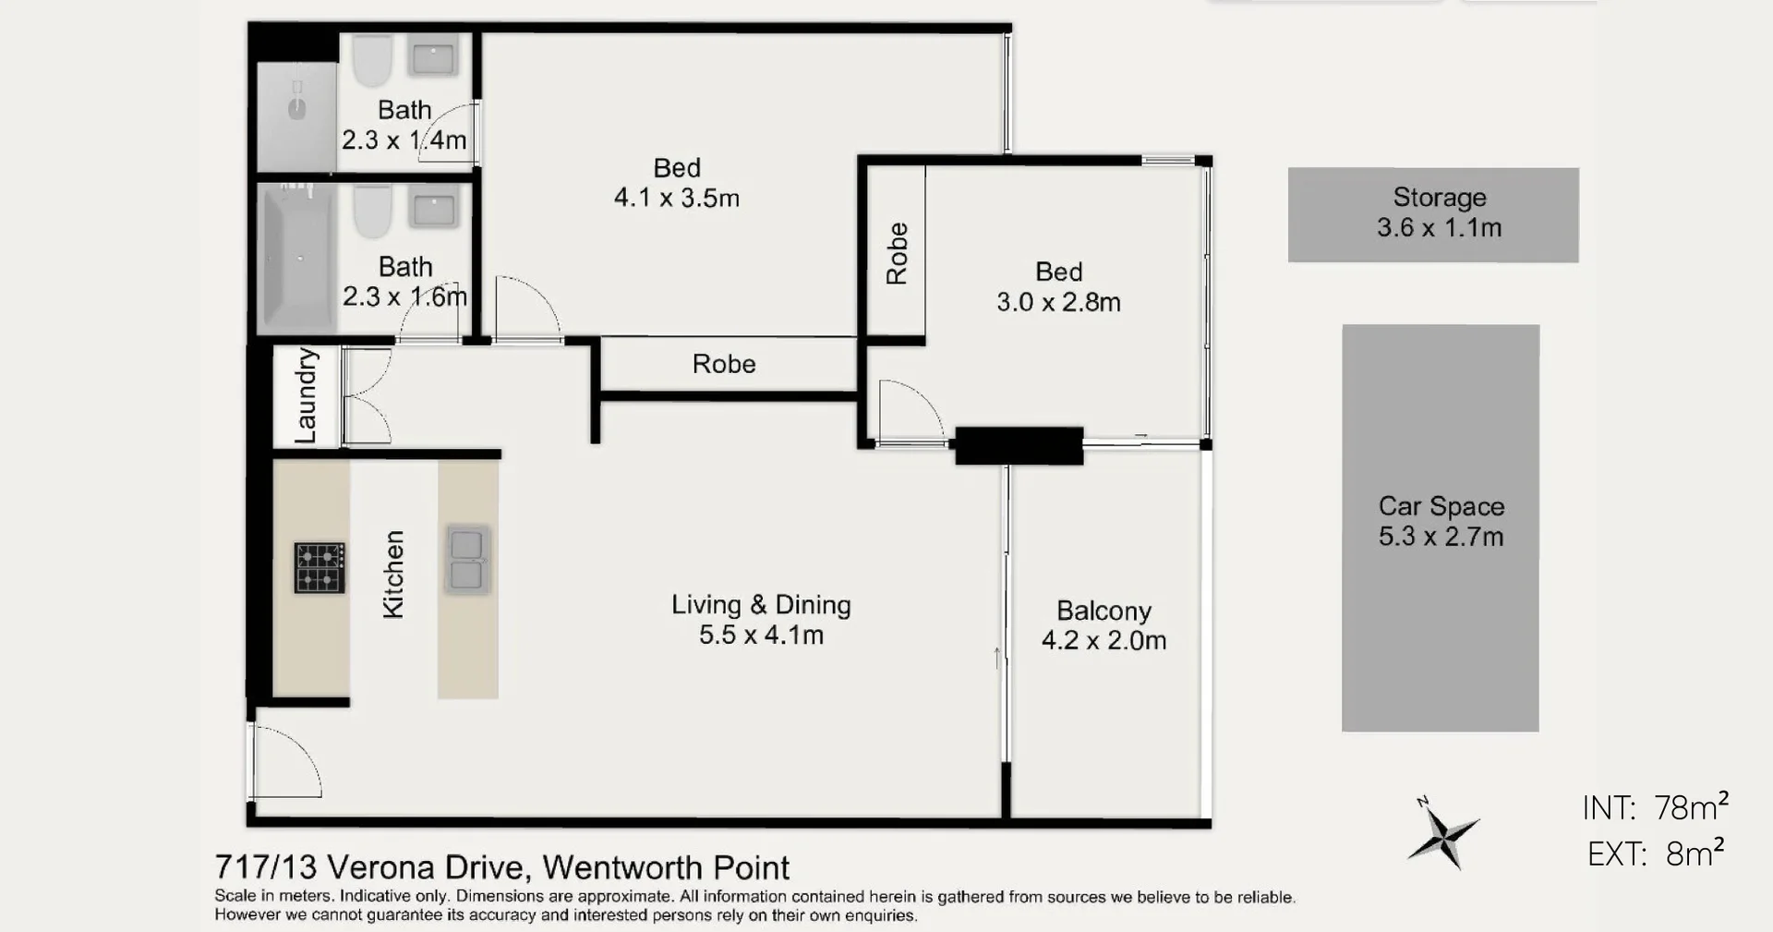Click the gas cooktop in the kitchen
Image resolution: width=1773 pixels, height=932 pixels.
pos(320,567)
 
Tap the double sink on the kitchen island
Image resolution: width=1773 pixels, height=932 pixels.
pos(468,559)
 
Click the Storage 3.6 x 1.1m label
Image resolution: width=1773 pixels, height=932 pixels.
pos(1439,212)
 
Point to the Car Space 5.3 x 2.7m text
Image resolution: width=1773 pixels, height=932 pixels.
pos(1441,521)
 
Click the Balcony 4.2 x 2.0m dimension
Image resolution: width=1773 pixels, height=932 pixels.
pos(1104,640)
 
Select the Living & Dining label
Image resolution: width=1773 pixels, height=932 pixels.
pos(761,605)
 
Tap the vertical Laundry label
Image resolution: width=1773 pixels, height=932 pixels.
pos(306,395)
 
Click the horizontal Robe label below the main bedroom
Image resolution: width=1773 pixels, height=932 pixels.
pos(724,364)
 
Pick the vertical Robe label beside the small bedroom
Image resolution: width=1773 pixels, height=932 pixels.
pos(897,253)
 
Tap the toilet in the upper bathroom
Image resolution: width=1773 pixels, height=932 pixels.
pos(373,60)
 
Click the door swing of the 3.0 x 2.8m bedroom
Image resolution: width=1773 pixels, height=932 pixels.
pos(907,412)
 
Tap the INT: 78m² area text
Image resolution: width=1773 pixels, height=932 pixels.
pos(1655,807)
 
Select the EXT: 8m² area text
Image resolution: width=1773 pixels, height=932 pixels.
pos(1655,853)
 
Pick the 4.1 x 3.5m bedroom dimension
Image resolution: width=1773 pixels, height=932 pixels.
pos(676,198)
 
